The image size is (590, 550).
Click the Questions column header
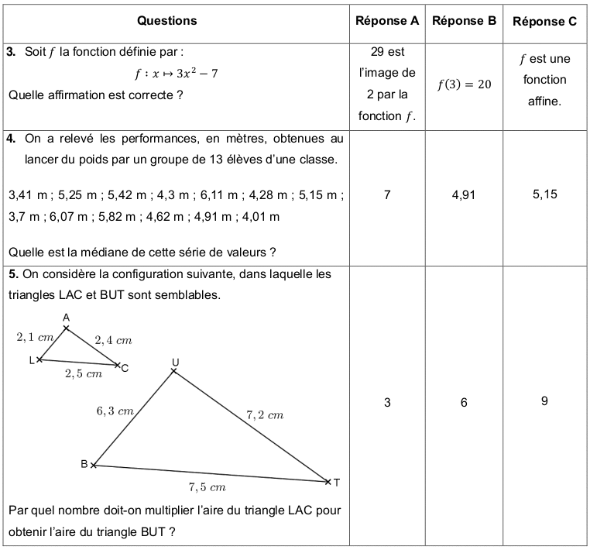coord(166,21)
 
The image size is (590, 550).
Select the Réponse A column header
coord(387,21)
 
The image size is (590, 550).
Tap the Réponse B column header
coord(464,21)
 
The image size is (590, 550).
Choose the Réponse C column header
coord(545,22)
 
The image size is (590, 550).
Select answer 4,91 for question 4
coord(464,195)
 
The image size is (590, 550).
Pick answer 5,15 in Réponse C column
coord(545,194)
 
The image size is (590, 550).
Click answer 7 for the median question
coord(387,195)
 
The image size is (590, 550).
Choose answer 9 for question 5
coord(545,401)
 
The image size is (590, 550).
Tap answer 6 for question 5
coord(464,402)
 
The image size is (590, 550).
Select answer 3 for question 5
coord(387,402)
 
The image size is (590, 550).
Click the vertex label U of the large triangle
coord(175,363)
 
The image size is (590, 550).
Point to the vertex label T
coord(337,482)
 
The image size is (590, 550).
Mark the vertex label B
coord(84,464)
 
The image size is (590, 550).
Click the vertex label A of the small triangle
coord(66,318)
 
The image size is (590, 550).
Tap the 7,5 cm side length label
coord(207,487)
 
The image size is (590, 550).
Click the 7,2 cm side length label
coord(265,415)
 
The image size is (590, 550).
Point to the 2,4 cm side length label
coord(113,339)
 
